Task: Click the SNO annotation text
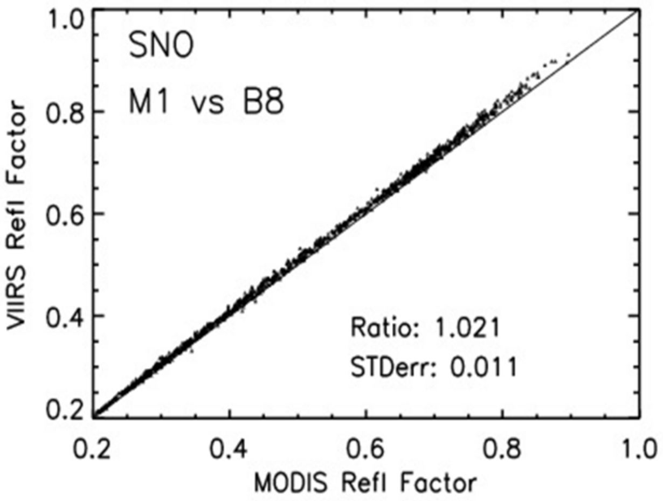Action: (160, 48)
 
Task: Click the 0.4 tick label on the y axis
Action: (67, 316)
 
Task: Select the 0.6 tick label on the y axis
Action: (67, 213)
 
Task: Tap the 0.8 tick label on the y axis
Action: (67, 112)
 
